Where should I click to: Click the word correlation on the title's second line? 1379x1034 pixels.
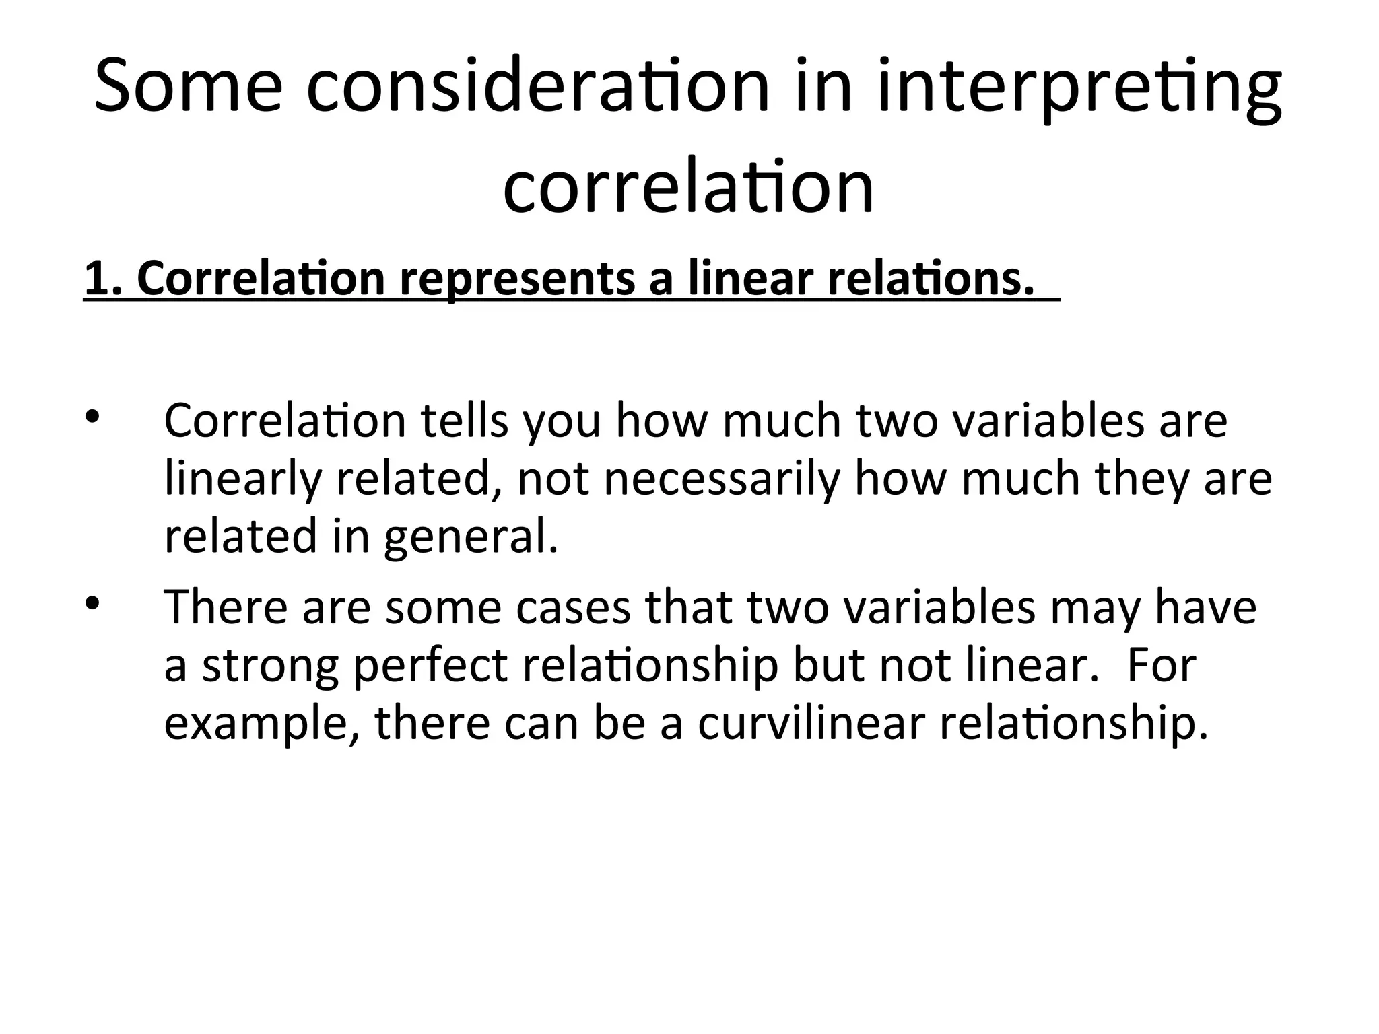(688, 186)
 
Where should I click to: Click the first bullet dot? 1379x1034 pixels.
(92, 417)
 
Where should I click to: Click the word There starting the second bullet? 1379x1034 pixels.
(226, 607)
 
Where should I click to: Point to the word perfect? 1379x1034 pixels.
(430, 666)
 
